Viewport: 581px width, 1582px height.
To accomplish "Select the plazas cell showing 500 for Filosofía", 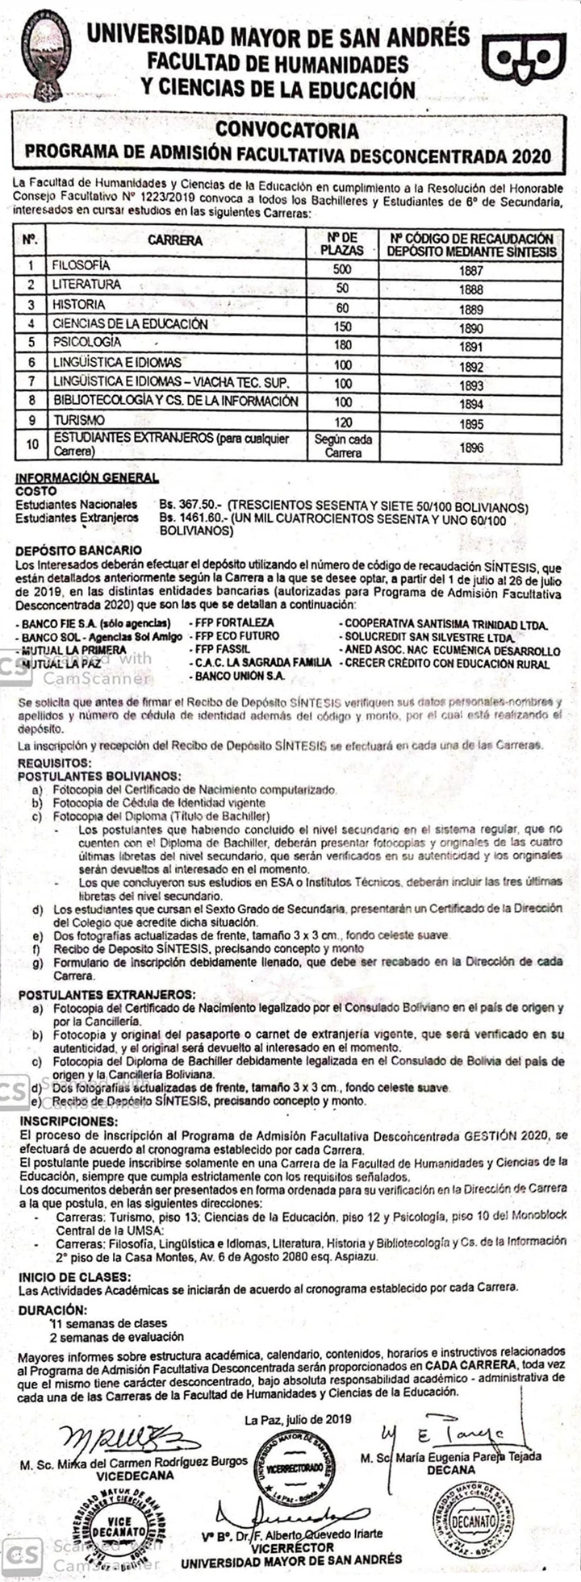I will [342, 269].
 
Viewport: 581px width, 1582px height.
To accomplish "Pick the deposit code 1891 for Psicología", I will [470, 348].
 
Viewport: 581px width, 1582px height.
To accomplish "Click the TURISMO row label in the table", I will [78, 421].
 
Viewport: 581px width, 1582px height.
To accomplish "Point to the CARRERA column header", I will [175, 240].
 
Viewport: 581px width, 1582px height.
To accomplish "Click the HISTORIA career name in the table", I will [78, 305].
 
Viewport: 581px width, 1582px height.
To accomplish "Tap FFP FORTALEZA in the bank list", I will [231, 622].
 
